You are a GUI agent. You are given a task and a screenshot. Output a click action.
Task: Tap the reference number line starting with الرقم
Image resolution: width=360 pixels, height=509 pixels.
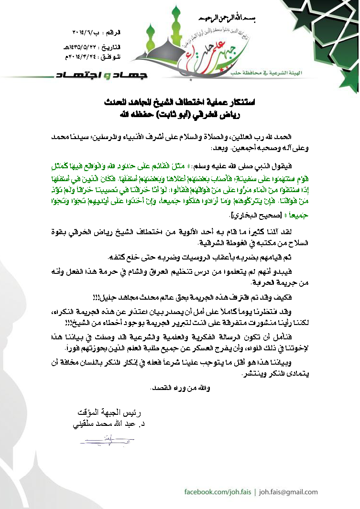(99, 33)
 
